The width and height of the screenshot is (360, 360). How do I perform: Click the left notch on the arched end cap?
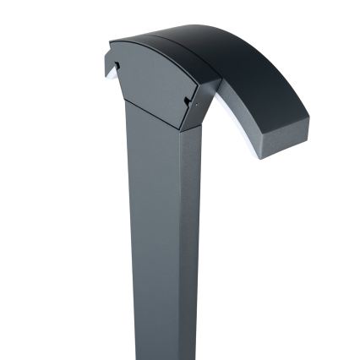pos(117,64)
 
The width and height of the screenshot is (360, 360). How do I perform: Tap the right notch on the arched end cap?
pos(187,101)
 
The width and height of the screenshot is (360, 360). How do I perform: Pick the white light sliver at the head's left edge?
pos(108,71)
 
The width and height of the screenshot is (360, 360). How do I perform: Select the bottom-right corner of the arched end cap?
pos(182,129)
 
